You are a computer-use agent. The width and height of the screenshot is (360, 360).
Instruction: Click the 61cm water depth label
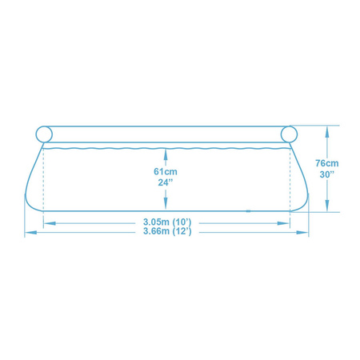click(x=166, y=170)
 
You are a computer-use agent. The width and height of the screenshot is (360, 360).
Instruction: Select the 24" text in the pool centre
click(x=166, y=182)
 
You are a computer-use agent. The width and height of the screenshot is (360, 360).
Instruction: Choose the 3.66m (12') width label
click(x=166, y=232)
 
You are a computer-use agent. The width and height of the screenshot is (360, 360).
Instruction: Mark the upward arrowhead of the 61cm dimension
click(x=166, y=151)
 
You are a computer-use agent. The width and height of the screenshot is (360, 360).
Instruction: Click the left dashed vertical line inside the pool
click(x=43, y=180)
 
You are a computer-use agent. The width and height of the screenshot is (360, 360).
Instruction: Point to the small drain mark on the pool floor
click(x=250, y=211)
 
